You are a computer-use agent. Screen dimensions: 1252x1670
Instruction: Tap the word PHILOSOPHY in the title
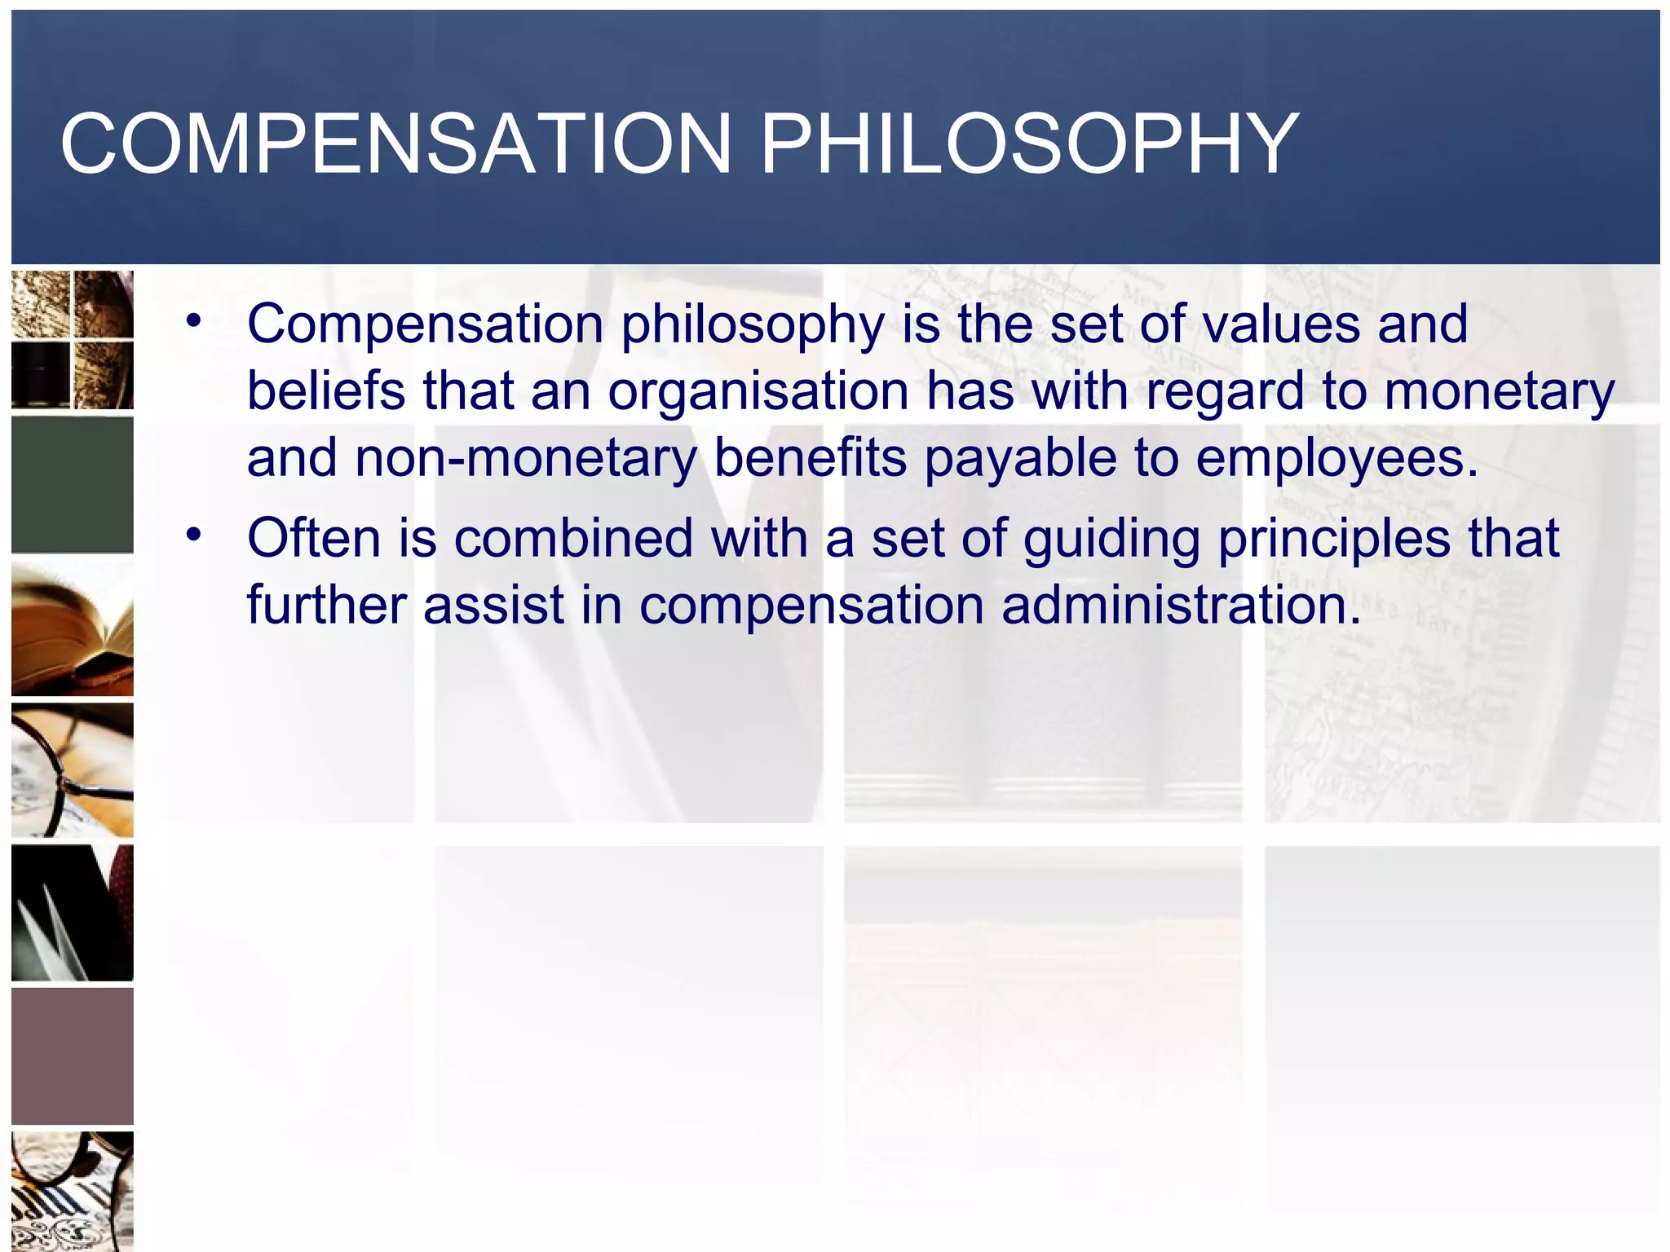pos(1029,144)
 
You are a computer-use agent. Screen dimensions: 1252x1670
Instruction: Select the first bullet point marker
pos(193,321)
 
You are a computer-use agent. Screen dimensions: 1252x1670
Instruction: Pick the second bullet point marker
pos(193,536)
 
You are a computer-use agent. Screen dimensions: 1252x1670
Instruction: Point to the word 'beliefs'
pos(325,390)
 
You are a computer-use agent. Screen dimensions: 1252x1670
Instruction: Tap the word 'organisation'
pos(758,392)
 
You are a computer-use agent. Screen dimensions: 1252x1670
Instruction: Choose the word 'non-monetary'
pos(525,458)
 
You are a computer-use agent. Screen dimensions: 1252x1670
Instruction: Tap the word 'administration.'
pos(1182,606)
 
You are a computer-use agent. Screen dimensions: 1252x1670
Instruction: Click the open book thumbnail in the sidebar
pos(73,627)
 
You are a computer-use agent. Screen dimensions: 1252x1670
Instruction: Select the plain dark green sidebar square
pos(73,484)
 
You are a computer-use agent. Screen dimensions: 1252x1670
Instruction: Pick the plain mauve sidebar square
pos(73,1056)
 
